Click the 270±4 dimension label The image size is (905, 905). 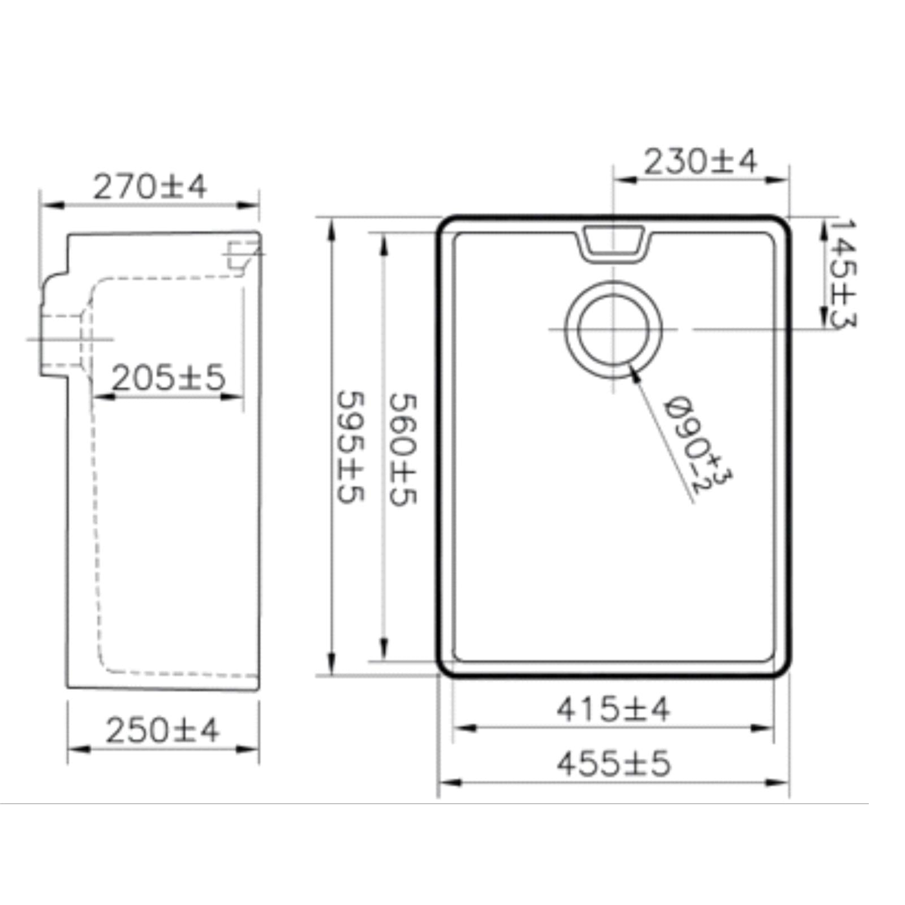(150, 187)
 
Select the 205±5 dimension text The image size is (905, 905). (169, 377)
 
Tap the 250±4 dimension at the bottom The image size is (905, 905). (162, 730)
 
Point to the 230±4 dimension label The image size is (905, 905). (700, 161)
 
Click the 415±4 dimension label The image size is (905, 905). (613, 709)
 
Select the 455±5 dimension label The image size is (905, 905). (614, 764)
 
